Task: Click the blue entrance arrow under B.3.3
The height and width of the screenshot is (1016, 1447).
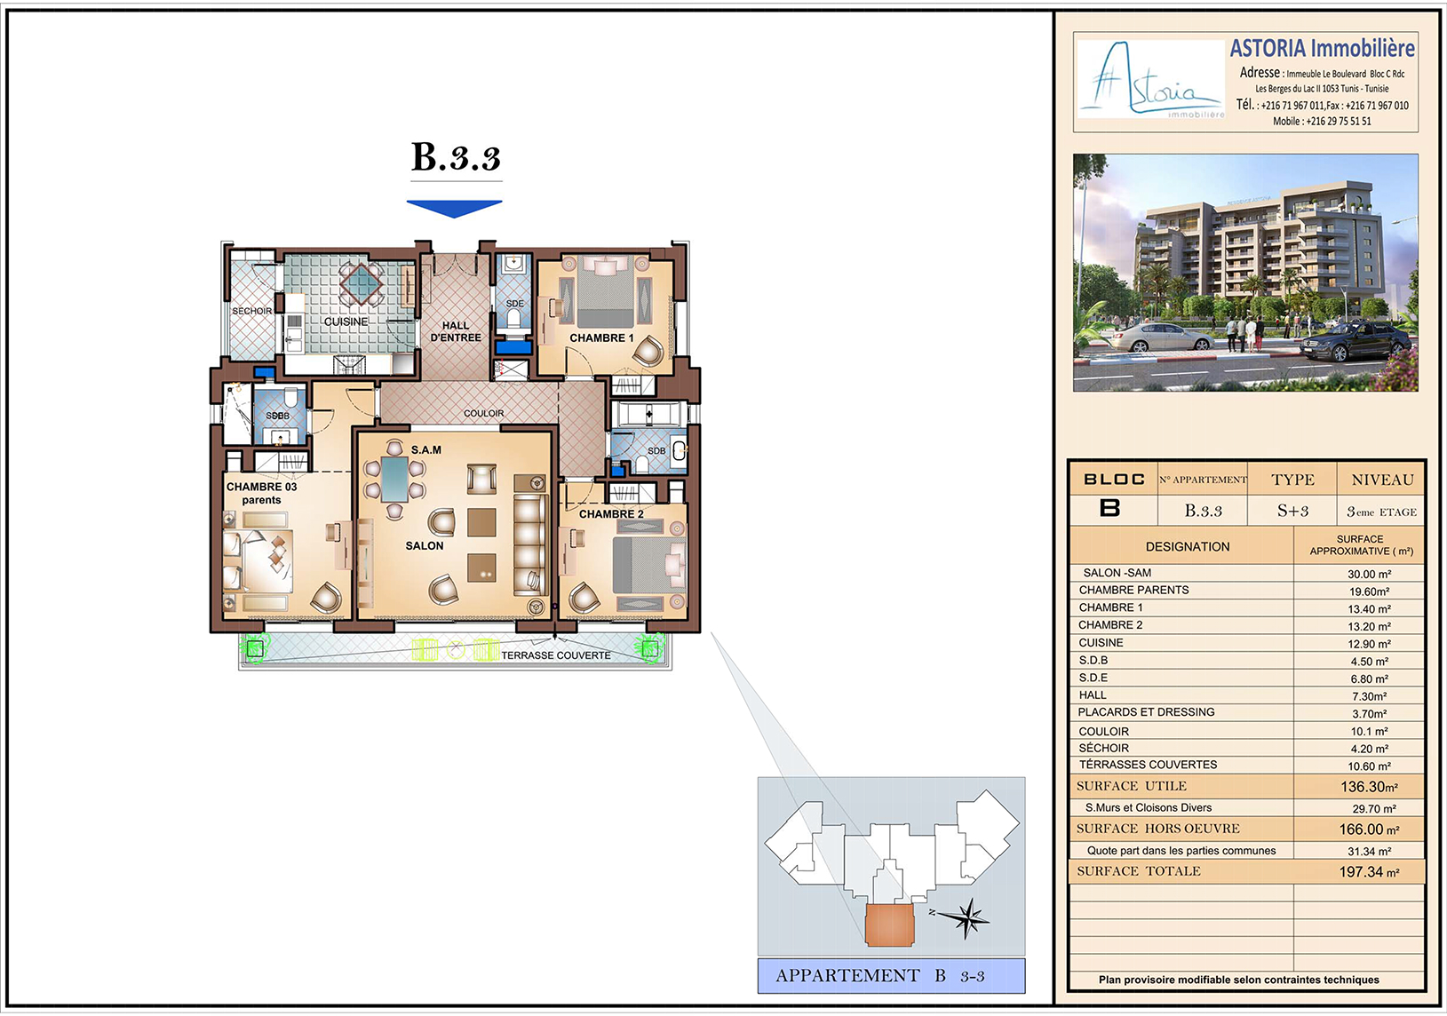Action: (454, 208)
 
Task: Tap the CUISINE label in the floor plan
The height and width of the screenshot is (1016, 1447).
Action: (346, 321)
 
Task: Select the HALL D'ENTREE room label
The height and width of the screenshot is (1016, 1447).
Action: (456, 331)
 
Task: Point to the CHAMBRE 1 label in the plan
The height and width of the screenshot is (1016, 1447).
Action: (601, 337)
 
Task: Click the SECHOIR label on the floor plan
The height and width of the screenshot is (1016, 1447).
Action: (252, 311)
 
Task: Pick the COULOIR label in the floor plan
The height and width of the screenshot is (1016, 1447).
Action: (484, 413)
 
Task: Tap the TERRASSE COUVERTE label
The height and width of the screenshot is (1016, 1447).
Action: (556, 655)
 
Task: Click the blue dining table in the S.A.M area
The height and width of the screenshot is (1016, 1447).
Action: (394, 479)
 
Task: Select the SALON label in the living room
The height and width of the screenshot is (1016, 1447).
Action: (425, 546)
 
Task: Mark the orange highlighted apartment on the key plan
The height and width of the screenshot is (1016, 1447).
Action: (889, 925)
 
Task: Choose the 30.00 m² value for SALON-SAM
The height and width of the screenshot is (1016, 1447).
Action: (1369, 575)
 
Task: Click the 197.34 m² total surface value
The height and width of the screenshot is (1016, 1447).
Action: (1369, 872)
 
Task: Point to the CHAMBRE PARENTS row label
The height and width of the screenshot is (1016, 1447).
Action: (1133, 590)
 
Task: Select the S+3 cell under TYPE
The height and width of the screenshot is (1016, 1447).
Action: (1292, 511)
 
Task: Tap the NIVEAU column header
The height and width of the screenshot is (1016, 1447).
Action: (1382, 480)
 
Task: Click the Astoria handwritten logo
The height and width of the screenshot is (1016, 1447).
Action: (1150, 79)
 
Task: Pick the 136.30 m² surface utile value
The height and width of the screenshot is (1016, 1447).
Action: (1369, 787)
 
